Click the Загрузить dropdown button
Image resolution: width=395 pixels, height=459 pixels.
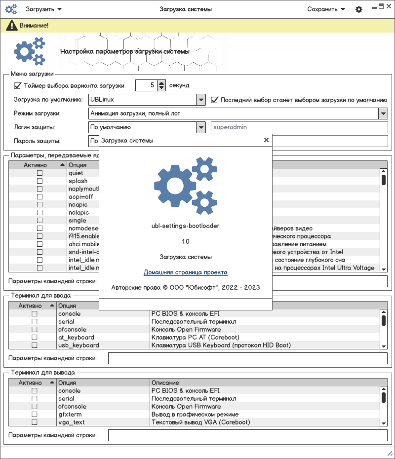(x=43, y=9)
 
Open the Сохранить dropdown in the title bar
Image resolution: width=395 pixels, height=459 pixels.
(x=326, y=9)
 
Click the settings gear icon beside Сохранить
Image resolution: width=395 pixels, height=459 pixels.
(x=359, y=9)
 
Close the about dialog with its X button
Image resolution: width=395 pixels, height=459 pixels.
(x=266, y=140)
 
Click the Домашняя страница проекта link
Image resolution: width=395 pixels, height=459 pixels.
(x=186, y=272)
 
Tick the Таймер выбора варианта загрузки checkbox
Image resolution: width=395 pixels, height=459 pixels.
(x=18, y=85)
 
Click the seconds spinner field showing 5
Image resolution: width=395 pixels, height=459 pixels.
(x=146, y=85)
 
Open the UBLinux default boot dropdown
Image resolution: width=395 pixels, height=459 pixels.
(x=201, y=100)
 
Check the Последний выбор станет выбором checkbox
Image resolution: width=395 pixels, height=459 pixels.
(x=215, y=100)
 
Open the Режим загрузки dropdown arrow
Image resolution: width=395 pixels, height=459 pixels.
(x=383, y=114)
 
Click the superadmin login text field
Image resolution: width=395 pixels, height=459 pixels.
(x=299, y=127)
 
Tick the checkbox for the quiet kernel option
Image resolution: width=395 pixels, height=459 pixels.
(x=39, y=173)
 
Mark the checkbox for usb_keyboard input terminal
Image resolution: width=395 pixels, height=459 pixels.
(x=35, y=345)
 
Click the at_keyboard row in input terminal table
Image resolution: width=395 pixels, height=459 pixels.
(x=76, y=338)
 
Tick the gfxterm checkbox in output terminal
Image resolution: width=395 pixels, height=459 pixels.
(x=35, y=415)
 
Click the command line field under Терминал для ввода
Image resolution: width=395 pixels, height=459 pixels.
(x=247, y=358)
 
